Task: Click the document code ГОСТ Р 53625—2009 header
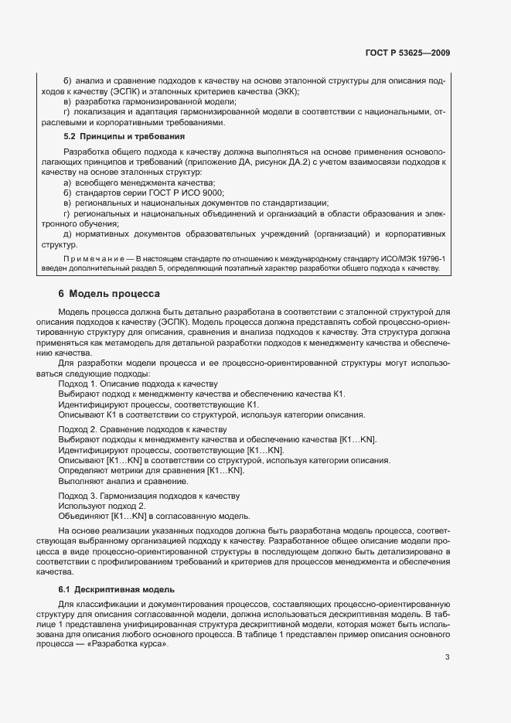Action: pos(408,53)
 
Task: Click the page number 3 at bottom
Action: pos(448,658)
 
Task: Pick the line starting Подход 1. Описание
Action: pos(138,384)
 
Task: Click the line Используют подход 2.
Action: pos(101,506)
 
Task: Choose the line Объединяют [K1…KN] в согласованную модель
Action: pos(154,516)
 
